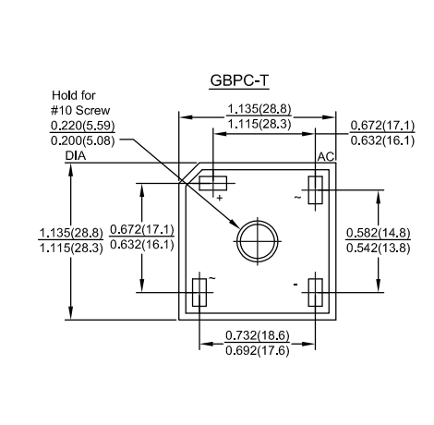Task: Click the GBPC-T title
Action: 239,80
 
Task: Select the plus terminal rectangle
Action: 213,183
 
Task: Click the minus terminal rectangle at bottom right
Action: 315,292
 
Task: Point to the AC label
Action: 326,157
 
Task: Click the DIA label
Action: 76,156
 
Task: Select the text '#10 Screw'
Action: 80,110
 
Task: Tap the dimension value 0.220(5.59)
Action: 82,126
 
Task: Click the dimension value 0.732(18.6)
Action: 258,335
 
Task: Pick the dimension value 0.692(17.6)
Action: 258,350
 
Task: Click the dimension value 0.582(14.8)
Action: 378,233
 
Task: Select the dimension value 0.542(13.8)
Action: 378,248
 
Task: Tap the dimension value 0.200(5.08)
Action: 82,140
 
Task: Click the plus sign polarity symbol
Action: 219,198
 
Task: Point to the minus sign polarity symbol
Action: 295,285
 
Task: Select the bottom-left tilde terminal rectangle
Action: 199,292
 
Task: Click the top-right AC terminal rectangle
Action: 315,190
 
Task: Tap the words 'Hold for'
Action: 74,95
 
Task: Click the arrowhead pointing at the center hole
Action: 235,224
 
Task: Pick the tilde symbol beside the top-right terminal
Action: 297,197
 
